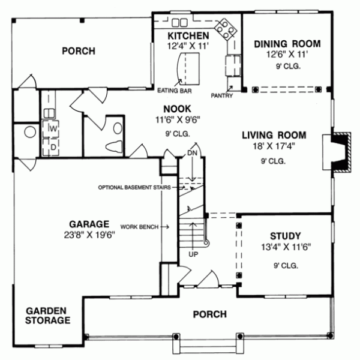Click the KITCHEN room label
coord(188,36)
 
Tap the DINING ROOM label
coord(287,44)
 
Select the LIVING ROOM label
coord(274,135)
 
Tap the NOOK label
coord(176,109)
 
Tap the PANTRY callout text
coord(221,95)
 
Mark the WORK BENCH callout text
coord(139,227)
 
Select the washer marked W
coord(52,128)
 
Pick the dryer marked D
coord(52,146)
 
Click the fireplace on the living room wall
coord(337,151)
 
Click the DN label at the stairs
coord(192,153)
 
